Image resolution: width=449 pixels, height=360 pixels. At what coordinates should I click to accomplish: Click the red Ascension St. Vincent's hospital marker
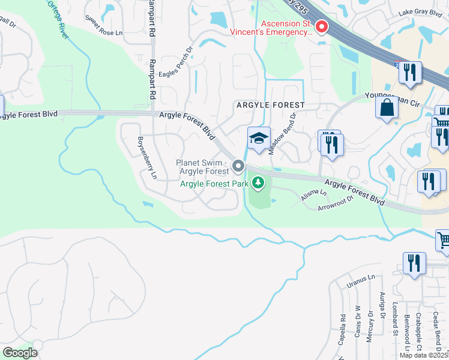click(x=321, y=27)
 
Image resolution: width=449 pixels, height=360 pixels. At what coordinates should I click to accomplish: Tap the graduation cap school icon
click(x=259, y=139)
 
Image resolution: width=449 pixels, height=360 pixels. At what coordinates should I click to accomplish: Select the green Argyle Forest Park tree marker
click(x=259, y=182)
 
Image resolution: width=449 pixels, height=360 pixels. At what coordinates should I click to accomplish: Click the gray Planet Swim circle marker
click(x=238, y=165)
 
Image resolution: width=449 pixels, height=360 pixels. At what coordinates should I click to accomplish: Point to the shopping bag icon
click(x=387, y=108)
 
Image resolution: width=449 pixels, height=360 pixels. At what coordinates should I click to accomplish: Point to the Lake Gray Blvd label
click(x=418, y=13)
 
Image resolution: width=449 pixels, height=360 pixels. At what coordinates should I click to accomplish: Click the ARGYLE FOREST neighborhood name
click(x=270, y=105)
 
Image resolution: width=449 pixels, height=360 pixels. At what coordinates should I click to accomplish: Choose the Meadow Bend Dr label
click(x=283, y=134)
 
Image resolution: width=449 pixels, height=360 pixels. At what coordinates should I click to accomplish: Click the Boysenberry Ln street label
click(x=146, y=159)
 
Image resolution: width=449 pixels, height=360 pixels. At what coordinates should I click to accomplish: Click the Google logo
click(x=20, y=352)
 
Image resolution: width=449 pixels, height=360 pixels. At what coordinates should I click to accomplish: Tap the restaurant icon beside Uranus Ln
click(x=414, y=263)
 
